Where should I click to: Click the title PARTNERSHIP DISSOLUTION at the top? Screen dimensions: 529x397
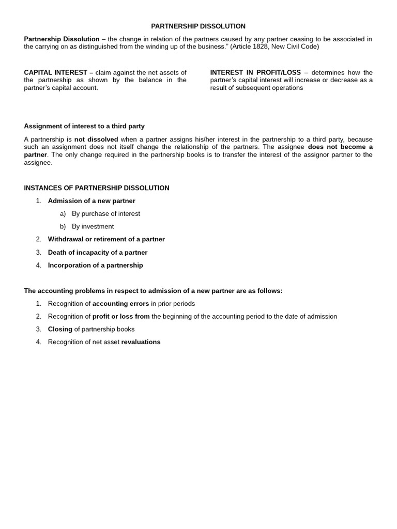198,26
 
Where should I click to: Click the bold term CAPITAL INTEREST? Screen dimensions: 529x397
56,73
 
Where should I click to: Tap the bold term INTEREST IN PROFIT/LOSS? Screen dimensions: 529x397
255,73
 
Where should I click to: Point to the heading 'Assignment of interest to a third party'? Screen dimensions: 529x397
84,126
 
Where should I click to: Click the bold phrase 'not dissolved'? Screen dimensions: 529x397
96,139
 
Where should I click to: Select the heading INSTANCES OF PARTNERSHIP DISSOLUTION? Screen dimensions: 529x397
97,188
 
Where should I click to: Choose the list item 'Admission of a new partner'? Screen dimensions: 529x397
91,201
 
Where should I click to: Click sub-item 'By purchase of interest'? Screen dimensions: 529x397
106,214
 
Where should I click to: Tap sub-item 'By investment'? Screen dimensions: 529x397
93,227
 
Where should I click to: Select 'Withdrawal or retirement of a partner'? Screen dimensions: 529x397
106,240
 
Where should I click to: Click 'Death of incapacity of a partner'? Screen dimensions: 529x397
98,253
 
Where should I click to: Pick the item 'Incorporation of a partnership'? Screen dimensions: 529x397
96,266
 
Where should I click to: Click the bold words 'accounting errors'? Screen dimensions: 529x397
120,304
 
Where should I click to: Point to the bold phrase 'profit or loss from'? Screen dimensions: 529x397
121,317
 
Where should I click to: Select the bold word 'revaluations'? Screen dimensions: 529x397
141,342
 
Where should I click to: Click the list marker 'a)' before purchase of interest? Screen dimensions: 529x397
63,214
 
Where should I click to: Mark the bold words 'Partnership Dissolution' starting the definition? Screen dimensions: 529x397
62,39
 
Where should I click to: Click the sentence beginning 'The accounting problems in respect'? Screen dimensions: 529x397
153,291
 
